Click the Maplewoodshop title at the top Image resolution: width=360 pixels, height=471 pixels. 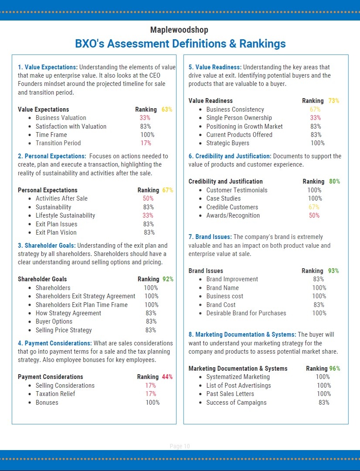point(179,30)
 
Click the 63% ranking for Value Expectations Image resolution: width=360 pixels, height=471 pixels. point(167,109)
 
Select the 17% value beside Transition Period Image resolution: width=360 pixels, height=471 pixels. point(146,143)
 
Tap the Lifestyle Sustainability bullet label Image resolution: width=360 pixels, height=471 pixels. point(65,215)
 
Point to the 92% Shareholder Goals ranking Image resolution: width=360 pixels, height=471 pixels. point(168,279)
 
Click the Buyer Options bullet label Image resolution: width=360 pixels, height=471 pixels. point(54,321)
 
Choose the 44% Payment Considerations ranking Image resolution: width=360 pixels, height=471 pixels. point(167,377)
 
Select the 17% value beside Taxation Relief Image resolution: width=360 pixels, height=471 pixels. point(150,394)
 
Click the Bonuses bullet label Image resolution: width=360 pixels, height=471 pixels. point(47,403)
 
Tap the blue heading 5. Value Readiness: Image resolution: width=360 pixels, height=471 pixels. point(215,67)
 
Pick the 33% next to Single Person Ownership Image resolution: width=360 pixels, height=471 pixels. point(316,118)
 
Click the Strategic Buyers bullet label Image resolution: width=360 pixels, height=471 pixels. point(228,143)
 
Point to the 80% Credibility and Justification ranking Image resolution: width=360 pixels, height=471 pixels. point(335,181)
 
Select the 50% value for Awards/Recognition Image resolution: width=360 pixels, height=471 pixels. point(314,215)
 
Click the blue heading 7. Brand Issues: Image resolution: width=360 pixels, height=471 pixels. point(210,237)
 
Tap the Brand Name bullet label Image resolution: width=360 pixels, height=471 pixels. point(223,288)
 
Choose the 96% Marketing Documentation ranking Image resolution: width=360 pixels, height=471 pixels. point(335,369)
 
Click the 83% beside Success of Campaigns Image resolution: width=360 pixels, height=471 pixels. point(324,403)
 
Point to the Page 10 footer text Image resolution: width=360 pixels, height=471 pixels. point(180,446)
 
